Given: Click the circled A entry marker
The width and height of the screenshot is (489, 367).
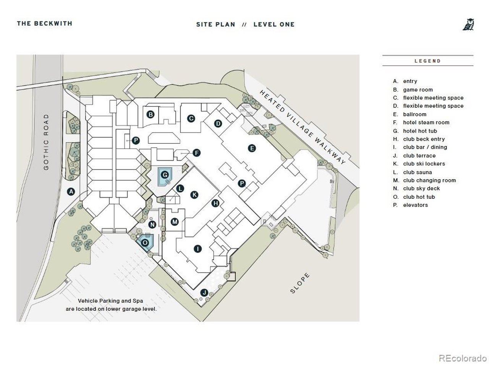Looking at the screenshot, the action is pyautogui.click(x=71, y=192).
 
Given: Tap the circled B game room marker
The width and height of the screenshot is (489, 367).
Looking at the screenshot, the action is pyautogui.click(x=151, y=115).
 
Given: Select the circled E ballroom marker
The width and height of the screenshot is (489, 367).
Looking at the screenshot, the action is pyautogui.click(x=252, y=148).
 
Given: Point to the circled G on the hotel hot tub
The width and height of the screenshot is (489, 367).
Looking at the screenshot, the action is pyautogui.click(x=165, y=175).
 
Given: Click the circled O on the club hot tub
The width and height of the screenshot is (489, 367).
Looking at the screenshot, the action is pyautogui.click(x=145, y=243).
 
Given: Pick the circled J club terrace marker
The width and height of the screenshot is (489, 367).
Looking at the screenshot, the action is pyautogui.click(x=204, y=292).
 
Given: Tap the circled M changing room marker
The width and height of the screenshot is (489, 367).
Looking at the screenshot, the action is pyautogui.click(x=175, y=222).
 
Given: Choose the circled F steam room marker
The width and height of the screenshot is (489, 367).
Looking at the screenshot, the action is pyautogui.click(x=196, y=153).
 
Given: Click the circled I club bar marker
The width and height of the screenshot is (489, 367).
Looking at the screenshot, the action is pyautogui.click(x=198, y=248).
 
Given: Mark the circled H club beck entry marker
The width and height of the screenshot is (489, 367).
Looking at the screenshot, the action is pyautogui.click(x=215, y=203).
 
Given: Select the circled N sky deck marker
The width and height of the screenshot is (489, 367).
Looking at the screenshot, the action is pyautogui.click(x=152, y=225).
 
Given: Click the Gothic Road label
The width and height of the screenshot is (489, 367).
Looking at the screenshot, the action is pyautogui.click(x=46, y=142).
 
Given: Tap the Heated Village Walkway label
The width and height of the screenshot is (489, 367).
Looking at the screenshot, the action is pyautogui.click(x=303, y=127).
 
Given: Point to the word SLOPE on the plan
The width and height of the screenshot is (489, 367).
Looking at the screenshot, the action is pyautogui.click(x=300, y=283).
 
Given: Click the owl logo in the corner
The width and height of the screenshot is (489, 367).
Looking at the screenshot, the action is pyautogui.click(x=468, y=24).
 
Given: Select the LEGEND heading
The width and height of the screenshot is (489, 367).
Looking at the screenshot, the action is pyautogui.click(x=427, y=61).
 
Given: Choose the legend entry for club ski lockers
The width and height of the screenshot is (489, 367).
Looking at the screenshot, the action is pyautogui.click(x=424, y=164).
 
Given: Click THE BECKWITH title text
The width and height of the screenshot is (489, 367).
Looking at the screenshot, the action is pyautogui.click(x=45, y=23).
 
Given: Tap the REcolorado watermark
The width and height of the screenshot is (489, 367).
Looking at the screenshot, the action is pyautogui.click(x=463, y=358).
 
